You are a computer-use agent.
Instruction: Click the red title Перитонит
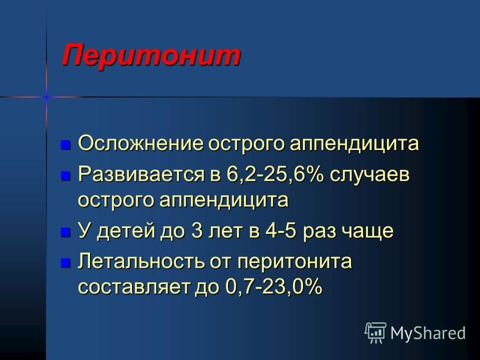pyautogui.click(x=151, y=56)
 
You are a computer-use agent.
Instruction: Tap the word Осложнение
pyautogui.click(x=141, y=143)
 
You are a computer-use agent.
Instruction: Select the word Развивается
pyautogui.click(x=141, y=175)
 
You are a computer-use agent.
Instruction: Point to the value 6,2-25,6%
pyautogui.click(x=275, y=175)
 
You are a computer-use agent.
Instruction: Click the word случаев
pyautogui.click(x=370, y=175)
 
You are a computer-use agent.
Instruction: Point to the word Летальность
pyautogui.click(x=141, y=262)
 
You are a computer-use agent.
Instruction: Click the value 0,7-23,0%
pyautogui.click(x=274, y=287)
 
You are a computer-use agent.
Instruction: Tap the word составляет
pyautogui.click(x=135, y=287)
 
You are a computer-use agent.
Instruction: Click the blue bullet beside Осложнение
pyautogui.click(x=65, y=145)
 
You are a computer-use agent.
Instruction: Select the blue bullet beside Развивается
pyautogui.click(x=65, y=176)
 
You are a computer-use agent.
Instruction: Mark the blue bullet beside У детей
pyautogui.click(x=65, y=232)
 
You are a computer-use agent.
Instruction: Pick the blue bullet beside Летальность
pyautogui.click(x=65, y=263)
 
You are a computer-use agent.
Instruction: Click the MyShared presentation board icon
pyautogui.click(x=376, y=333)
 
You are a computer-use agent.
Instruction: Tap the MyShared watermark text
pyautogui.click(x=428, y=334)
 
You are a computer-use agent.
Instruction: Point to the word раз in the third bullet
pyautogui.click(x=319, y=232)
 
